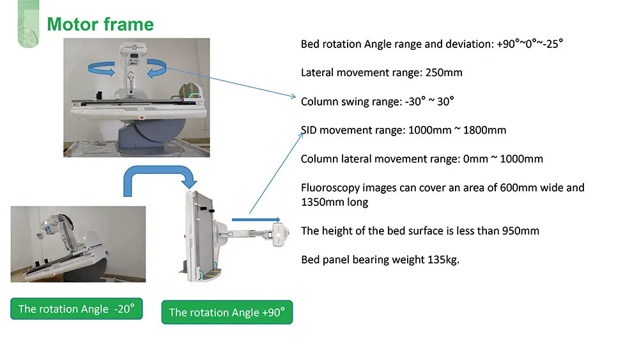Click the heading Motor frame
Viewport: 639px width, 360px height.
pyautogui.click(x=100, y=24)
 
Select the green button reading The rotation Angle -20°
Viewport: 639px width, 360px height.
pyautogui.click(x=76, y=309)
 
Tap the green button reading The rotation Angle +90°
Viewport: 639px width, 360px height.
pyautogui.click(x=227, y=312)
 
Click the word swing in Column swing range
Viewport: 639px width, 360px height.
pyautogui.click(x=355, y=101)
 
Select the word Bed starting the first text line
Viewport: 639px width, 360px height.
pyautogui.click(x=311, y=44)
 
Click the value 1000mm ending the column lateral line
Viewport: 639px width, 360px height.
pyautogui.click(x=520, y=159)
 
